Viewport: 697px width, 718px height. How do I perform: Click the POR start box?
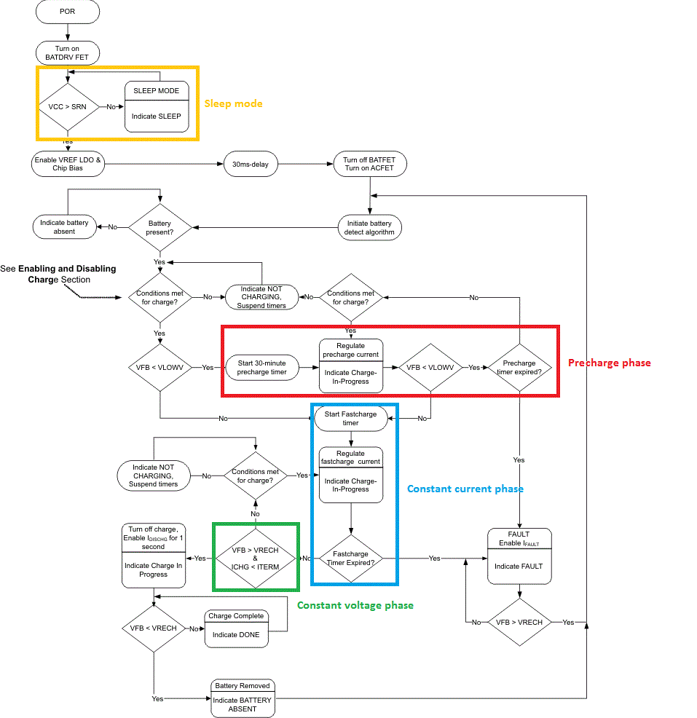68,12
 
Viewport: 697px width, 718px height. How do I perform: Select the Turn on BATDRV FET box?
68,52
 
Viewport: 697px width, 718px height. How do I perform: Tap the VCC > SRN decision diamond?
68,106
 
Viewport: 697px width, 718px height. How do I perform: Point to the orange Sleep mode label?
233,103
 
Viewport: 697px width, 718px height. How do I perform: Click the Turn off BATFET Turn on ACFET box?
370,164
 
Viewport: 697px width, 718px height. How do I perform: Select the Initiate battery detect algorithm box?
369,227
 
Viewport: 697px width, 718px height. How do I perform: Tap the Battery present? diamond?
160,227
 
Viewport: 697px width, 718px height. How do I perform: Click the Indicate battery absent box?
64,227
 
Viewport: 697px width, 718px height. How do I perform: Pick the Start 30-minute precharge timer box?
262,367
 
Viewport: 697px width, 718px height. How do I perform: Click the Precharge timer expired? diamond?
519,367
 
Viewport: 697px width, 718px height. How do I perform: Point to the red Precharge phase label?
609,363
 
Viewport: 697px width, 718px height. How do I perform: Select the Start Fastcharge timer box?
351,418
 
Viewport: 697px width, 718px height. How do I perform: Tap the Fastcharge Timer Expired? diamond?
351,559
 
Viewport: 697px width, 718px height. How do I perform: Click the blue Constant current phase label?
465,489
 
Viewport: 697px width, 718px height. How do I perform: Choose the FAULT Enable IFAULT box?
519,556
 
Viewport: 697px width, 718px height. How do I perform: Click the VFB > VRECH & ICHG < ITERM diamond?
255,559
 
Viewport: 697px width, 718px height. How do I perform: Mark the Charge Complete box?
236,626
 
